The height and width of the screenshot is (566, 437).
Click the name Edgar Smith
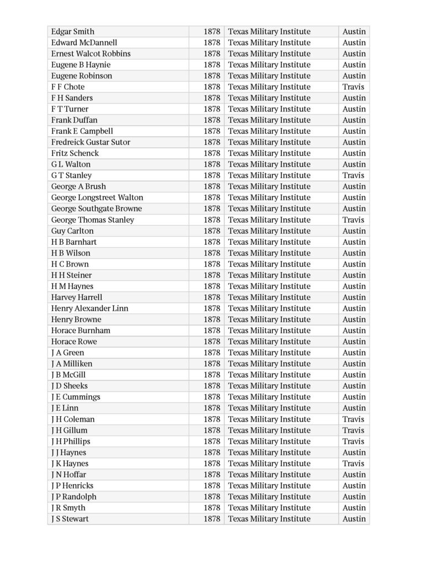73,32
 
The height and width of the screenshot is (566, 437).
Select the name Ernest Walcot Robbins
91,54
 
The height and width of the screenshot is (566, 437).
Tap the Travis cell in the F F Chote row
353,87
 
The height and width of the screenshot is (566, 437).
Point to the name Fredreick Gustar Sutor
91,142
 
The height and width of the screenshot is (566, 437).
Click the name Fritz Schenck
75,153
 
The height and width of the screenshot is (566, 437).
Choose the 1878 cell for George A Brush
212,186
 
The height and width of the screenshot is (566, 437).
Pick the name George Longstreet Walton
97,197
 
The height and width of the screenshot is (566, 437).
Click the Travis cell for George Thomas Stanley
353,219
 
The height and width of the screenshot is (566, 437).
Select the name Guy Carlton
72,231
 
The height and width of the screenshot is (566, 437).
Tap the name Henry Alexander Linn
89,308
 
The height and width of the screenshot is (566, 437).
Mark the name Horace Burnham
81,331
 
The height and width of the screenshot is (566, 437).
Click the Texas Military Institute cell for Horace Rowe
269,342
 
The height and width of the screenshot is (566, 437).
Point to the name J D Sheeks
70,386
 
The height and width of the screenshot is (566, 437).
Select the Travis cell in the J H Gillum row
353,430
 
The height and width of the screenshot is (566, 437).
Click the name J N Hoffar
69,474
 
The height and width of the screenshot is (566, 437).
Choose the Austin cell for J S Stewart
354,518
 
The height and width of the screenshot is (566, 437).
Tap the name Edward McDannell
85,43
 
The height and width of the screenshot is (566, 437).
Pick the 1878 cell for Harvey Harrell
212,297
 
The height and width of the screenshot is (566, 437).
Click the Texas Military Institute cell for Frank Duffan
269,120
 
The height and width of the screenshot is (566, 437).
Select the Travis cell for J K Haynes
353,463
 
